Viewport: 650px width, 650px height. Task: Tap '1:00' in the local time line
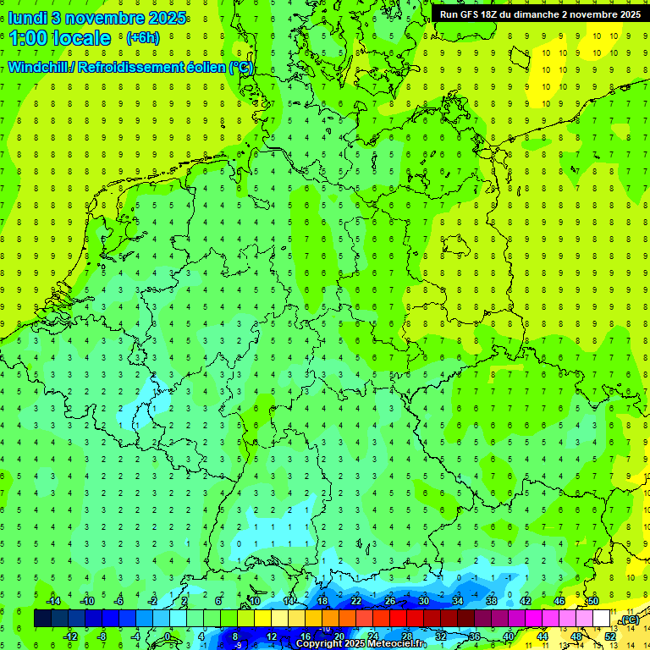click(x=28, y=38)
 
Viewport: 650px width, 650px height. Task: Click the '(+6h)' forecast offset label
click(x=142, y=38)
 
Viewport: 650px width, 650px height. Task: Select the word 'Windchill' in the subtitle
click(x=40, y=68)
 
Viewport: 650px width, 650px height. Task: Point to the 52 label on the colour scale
click(x=610, y=636)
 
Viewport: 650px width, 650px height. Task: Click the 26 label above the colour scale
click(x=390, y=601)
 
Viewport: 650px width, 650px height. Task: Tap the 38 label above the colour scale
click(x=492, y=601)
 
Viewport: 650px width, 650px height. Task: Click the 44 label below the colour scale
click(x=543, y=636)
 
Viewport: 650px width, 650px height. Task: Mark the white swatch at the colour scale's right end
click(x=602, y=619)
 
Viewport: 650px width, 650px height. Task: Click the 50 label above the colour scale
click(x=593, y=601)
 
